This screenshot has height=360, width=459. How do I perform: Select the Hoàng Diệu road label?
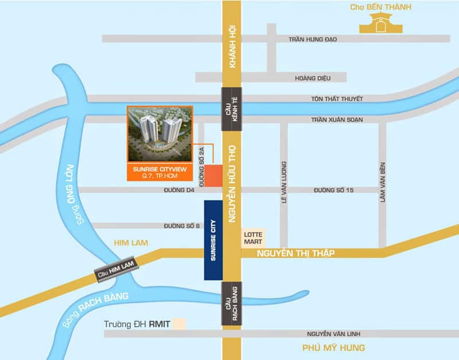313,78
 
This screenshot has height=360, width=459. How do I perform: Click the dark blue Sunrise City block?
213,240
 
